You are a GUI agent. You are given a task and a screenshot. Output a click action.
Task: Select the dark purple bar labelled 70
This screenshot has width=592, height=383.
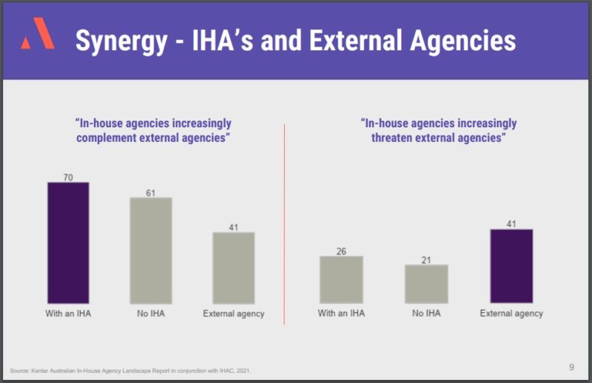[x=68, y=243]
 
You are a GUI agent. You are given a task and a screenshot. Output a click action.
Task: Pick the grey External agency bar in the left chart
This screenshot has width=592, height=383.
[x=233, y=268]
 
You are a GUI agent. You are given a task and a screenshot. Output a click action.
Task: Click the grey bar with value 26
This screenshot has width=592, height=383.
[x=341, y=279]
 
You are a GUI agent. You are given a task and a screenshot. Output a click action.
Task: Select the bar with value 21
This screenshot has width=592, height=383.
[x=426, y=283]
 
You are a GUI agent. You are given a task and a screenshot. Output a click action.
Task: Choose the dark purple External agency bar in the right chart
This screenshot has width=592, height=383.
[x=511, y=265]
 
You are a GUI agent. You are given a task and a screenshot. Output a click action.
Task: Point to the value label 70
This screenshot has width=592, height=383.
[x=68, y=177]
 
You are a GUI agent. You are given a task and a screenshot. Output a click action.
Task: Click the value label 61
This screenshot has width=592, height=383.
[x=150, y=192]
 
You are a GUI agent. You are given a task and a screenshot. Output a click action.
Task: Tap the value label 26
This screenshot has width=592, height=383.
[x=341, y=251]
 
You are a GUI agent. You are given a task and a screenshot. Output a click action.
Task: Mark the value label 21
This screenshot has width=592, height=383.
[x=426, y=260]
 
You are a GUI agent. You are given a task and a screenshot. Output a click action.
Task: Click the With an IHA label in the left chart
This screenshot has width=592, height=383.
[x=68, y=313]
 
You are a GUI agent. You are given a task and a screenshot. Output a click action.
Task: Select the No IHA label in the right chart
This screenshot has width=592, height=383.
[x=426, y=313]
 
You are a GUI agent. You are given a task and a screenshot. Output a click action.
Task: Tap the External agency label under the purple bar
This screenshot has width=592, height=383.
[x=511, y=313]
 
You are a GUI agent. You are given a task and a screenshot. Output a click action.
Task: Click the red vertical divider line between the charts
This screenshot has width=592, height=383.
[x=285, y=222]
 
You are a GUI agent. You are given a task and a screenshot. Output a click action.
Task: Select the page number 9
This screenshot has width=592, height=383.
[x=571, y=366]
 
